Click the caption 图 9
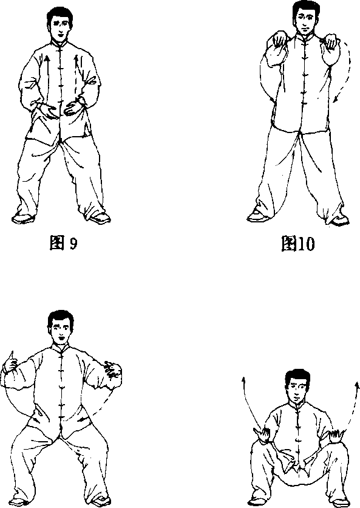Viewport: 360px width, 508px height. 64,242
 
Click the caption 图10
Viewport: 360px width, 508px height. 297,243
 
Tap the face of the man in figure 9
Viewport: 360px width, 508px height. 61,28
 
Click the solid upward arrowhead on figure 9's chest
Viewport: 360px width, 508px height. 47,59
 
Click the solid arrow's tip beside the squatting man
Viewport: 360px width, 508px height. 243,379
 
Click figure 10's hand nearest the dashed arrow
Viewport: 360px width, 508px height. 331,43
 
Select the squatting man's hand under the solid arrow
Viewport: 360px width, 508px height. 263,434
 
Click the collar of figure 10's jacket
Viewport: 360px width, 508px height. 304,36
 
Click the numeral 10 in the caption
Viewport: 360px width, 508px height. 305,244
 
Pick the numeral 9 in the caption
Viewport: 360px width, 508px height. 73,243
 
